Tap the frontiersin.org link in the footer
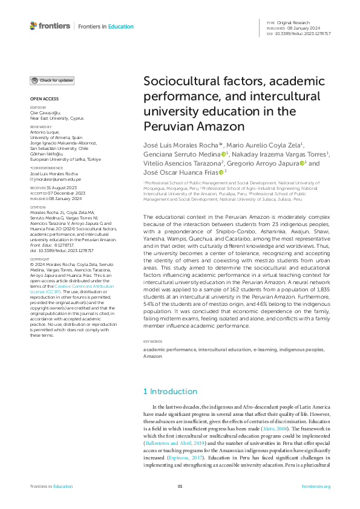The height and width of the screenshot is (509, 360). click(x=315, y=486)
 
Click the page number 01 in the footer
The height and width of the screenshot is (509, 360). click(x=180, y=486)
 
